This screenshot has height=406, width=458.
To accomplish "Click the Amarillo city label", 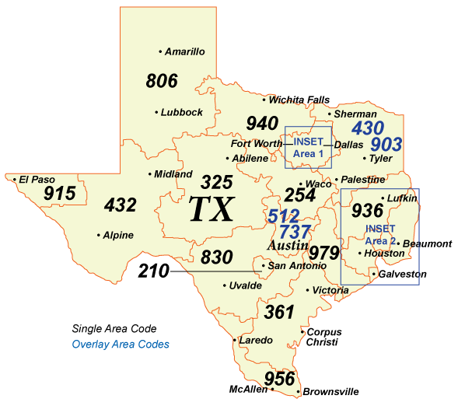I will pyautogui.click(x=185, y=51).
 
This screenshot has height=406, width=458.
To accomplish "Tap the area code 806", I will pyautogui.click(x=162, y=81).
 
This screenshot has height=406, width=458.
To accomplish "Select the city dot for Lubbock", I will pyautogui.click(x=157, y=112).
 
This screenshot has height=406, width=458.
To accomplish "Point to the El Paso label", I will pyautogui.click(x=36, y=179).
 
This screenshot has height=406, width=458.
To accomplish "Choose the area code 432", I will pyautogui.click(x=121, y=205).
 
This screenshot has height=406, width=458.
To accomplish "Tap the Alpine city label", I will pyautogui.click(x=117, y=235).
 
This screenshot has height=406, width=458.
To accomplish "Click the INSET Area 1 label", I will pyautogui.click(x=309, y=147).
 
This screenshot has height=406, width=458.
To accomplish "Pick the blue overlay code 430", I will pyautogui.click(x=369, y=128).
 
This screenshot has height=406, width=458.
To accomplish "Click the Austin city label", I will pyautogui.click(x=287, y=246).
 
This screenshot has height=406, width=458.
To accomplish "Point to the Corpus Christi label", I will pyautogui.click(x=323, y=337).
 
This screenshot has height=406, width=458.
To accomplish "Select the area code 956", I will pyautogui.click(x=280, y=379).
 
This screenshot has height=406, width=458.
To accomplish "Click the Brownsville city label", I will pyautogui.click(x=331, y=391).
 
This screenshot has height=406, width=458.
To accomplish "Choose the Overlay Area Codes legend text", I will pyautogui.click(x=121, y=344).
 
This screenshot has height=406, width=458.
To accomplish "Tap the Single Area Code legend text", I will pyautogui.click(x=114, y=328).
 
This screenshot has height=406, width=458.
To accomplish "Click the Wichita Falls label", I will pyautogui.click(x=299, y=100).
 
